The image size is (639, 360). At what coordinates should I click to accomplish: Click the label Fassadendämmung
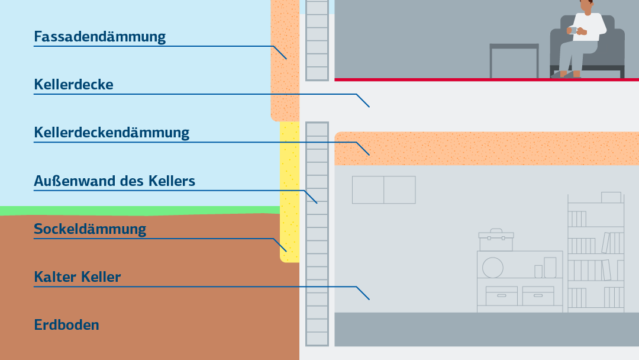pos(100,37)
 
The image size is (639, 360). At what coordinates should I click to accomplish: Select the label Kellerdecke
pos(74,85)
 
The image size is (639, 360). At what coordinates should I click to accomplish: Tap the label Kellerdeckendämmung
pos(112,133)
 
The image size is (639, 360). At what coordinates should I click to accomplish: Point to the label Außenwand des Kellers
pos(115,181)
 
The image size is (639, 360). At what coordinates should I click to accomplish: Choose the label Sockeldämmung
pos(90,229)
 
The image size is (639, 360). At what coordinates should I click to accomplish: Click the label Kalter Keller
pos(78,277)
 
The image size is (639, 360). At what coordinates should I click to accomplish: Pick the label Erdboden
pos(66,325)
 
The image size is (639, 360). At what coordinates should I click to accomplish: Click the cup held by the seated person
pos(572,30)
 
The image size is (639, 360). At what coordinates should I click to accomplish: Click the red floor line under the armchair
pos(486,79)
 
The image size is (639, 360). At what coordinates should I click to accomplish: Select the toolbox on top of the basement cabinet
pos(496,240)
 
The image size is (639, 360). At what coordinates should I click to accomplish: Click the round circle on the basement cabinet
pos(493,268)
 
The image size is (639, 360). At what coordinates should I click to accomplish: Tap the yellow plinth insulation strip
pos(290,192)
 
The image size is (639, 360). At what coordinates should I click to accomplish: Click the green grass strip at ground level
pos(140,211)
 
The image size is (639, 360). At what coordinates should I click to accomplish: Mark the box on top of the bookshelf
pos(611,197)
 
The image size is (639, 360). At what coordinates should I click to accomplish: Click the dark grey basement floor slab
pos(486,329)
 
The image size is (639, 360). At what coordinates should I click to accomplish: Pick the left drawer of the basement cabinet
pos(502,295)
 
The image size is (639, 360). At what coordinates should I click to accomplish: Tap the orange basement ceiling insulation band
pos(486,149)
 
